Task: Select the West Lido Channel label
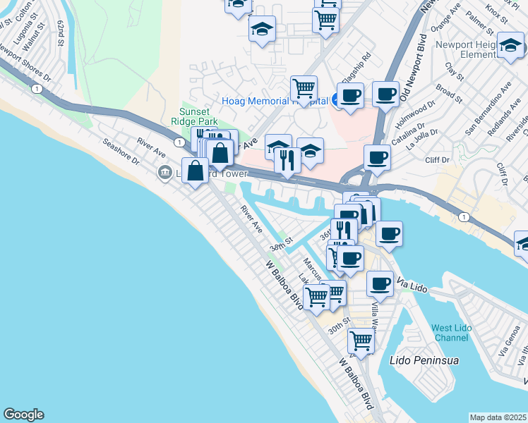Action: (x=450, y=333)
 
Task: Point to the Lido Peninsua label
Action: (x=424, y=360)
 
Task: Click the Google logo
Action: (x=23, y=415)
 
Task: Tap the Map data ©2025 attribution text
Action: (x=498, y=417)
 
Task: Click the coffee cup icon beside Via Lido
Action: (x=380, y=283)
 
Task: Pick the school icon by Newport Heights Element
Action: (x=509, y=47)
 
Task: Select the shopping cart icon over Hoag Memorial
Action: (x=304, y=89)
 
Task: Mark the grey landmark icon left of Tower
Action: (x=165, y=171)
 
